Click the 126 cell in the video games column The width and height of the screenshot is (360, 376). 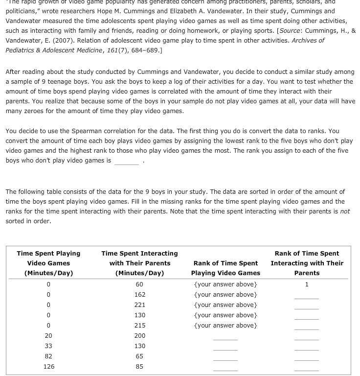(x=48, y=367)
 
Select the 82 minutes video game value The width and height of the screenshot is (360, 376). (x=48, y=356)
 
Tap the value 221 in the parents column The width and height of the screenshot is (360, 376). (x=139, y=305)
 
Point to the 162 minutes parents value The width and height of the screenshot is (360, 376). (x=139, y=295)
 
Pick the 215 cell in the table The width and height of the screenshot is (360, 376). (x=139, y=326)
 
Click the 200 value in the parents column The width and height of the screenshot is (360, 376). (x=139, y=336)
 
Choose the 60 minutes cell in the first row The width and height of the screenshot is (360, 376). (x=139, y=284)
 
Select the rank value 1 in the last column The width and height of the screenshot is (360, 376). (x=307, y=284)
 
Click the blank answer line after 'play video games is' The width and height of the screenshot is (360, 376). (x=127, y=162)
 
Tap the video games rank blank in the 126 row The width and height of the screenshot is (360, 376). (x=225, y=368)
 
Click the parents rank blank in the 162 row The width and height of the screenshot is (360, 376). (x=307, y=296)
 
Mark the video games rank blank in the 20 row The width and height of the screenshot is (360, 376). (x=225, y=337)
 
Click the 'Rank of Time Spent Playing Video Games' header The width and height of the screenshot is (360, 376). (x=225, y=268)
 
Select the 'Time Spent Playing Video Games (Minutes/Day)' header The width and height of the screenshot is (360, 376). (x=48, y=263)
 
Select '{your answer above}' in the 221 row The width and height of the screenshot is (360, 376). (x=225, y=305)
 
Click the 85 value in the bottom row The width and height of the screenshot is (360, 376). (x=139, y=367)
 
